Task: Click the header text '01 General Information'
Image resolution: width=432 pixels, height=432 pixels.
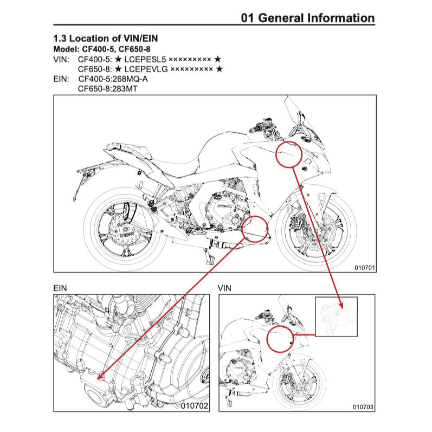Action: (308, 18)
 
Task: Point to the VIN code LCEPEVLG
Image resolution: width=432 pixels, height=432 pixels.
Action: (146, 69)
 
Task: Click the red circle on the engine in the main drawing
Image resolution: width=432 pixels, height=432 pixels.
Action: (256, 228)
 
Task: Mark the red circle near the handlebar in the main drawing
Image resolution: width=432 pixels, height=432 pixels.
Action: (289, 154)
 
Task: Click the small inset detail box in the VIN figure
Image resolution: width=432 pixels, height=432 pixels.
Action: (336, 317)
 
